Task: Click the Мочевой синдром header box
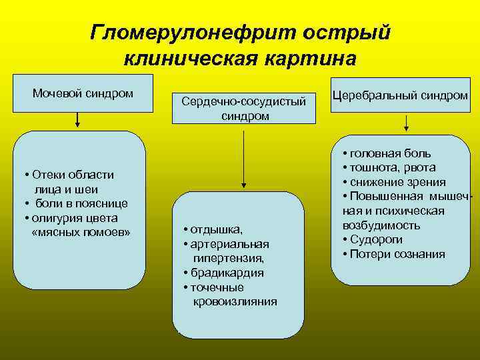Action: tap(83, 93)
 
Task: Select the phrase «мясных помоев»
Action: tap(81, 232)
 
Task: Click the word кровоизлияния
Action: tap(235, 301)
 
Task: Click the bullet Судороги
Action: tap(377, 240)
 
